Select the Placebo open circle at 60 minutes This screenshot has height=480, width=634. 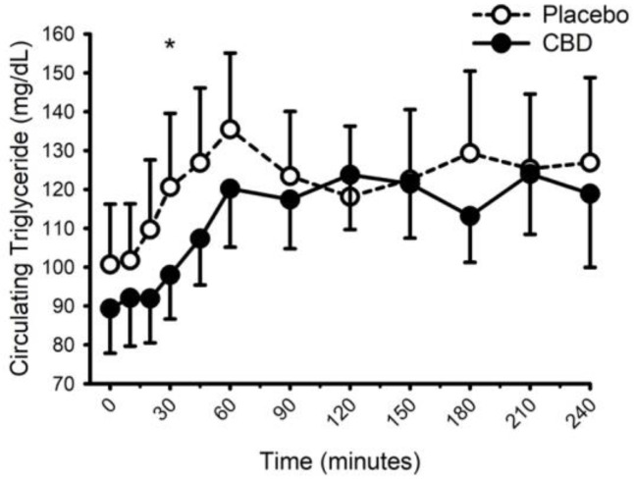click(x=231, y=129)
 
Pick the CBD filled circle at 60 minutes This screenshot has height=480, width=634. click(x=231, y=188)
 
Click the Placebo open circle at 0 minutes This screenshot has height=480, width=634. click(x=110, y=264)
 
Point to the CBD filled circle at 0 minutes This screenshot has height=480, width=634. click(x=110, y=308)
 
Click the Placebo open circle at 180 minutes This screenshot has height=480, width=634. click(x=470, y=153)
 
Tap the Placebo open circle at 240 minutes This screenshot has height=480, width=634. click(x=590, y=162)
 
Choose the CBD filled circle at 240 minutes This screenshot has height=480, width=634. click(x=590, y=193)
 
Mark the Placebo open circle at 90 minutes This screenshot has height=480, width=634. click(x=291, y=176)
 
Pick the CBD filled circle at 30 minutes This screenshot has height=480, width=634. click(x=170, y=275)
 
